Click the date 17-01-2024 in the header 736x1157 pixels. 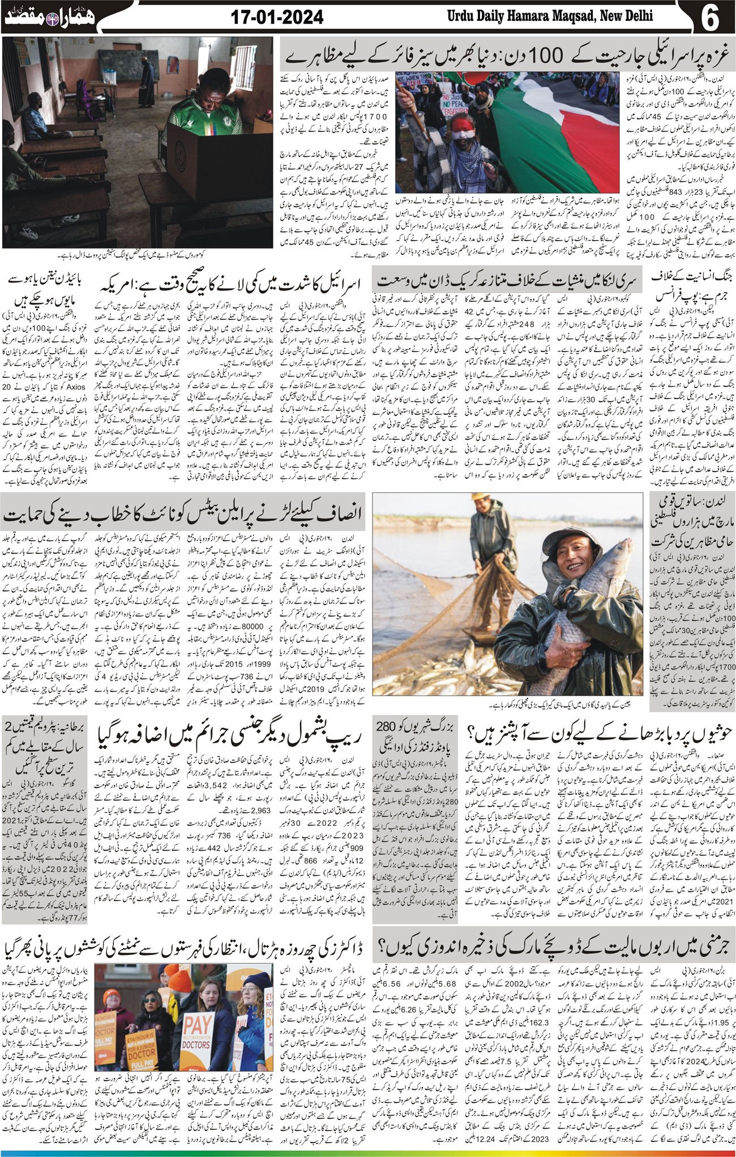pos(277,18)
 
